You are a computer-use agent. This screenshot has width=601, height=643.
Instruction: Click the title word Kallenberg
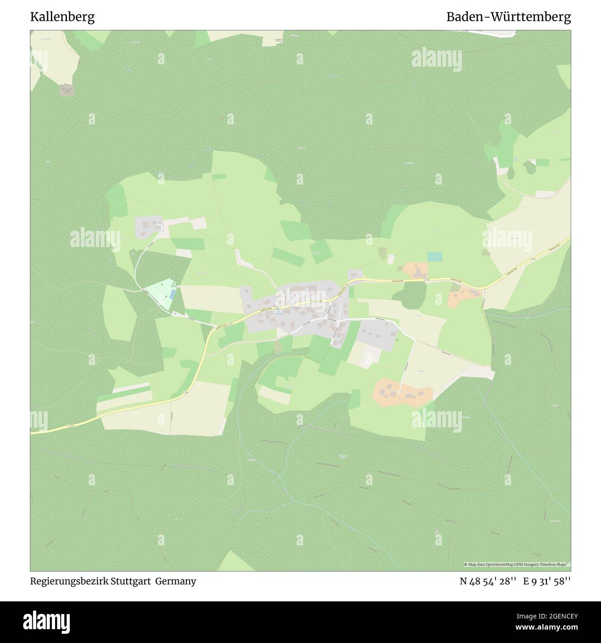(x=62, y=17)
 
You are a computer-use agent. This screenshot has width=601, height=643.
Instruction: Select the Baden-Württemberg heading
(x=508, y=17)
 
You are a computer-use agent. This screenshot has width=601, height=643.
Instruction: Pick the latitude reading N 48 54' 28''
(x=487, y=581)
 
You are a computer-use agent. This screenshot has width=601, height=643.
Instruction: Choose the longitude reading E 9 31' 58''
(x=547, y=581)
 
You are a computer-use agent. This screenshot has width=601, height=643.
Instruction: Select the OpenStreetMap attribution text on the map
(x=517, y=564)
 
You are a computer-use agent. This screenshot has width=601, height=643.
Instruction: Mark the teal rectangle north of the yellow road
(x=435, y=256)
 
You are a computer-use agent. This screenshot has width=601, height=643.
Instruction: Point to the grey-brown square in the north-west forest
(x=67, y=89)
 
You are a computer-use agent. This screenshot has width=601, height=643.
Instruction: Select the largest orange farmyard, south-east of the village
(x=403, y=393)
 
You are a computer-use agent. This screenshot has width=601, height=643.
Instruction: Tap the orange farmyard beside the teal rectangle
(x=415, y=271)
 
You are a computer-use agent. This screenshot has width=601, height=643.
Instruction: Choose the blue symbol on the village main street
(x=278, y=310)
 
